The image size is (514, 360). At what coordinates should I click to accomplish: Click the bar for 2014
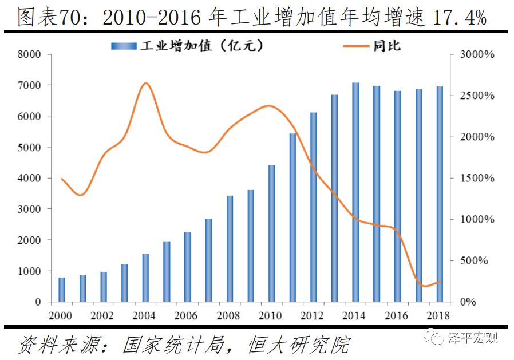(x=355, y=192)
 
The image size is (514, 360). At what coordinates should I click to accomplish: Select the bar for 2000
(x=62, y=290)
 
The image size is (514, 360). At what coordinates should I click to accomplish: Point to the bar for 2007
(x=209, y=260)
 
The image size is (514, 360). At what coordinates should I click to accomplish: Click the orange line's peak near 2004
(x=145, y=84)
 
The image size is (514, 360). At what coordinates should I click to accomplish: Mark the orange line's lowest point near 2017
(x=424, y=286)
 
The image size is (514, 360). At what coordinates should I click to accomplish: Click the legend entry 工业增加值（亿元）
(x=189, y=45)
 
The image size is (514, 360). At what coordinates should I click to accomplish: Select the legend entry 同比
(x=371, y=46)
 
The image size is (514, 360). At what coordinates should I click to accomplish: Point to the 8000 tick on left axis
(x=30, y=54)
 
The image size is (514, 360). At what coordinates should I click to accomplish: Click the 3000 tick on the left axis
(x=30, y=209)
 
